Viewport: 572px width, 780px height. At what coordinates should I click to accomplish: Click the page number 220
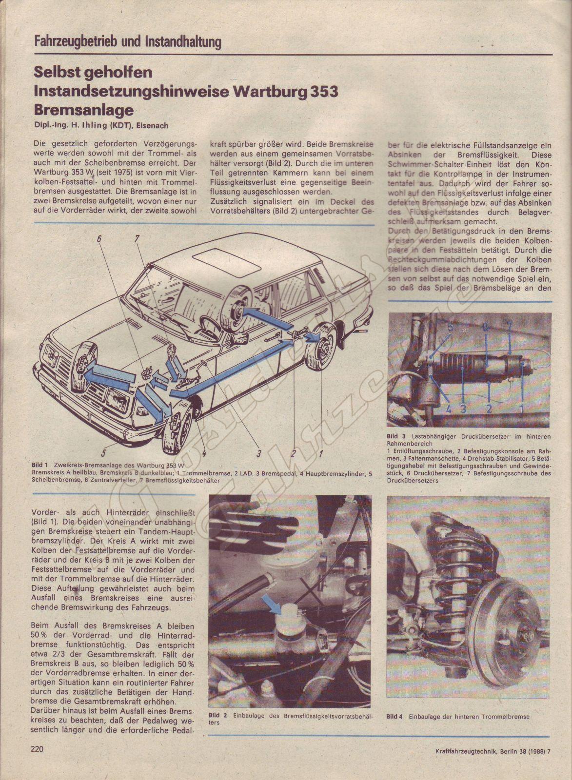[x=37, y=749]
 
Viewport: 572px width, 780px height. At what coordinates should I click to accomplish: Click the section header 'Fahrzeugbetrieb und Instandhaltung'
[x=128, y=41]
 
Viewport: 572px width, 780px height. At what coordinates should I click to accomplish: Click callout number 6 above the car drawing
[x=99, y=239]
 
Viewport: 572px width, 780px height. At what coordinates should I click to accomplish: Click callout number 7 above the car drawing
[x=137, y=239]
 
